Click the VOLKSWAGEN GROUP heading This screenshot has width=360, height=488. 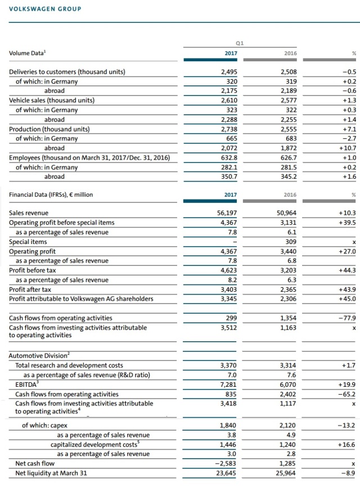click(x=45, y=9)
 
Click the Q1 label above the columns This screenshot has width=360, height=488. click(x=239, y=43)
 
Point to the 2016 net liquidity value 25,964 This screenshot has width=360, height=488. click(x=285, y=473)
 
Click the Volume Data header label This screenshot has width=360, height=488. click(x=28, y=53)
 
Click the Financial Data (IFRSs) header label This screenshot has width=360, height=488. click(x=51, y=195)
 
